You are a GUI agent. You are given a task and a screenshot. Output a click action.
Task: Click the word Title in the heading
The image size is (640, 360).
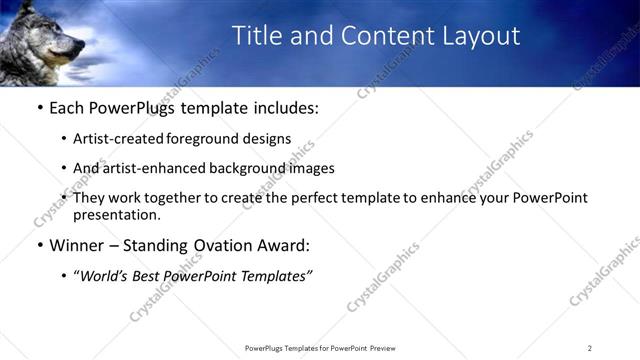tap(256, 36)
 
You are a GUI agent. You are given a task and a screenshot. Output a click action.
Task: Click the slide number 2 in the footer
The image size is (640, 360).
tap(589, 347)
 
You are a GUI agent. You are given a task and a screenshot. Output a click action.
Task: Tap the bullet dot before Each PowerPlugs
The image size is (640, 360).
tap(39, 108)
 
